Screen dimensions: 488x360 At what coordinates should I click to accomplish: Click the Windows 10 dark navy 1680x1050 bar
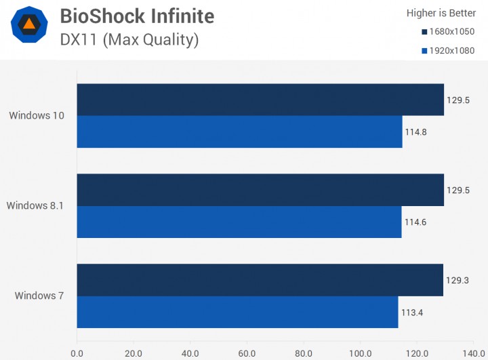pyautogui.click(x=260, y=100)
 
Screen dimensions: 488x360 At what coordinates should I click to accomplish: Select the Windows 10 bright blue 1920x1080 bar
pyautogui.click(x=240, y=132)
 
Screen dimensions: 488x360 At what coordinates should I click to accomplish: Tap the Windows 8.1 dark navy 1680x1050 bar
pyautogui.click(x=260, y=190)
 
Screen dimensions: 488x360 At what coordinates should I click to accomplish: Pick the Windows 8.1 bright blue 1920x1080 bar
pyautogui.click(x=239, y=222)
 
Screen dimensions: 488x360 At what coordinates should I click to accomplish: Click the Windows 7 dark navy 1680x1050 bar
pyautogui.click(x=260, y=280)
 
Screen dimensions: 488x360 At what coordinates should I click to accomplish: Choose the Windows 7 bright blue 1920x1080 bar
pyautogui.click(x=238, y=312)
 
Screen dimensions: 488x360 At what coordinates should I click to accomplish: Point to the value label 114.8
pyautogui.click(x=415, y=132)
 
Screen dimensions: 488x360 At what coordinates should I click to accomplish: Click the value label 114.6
pyautogui.click(x=415, y=222)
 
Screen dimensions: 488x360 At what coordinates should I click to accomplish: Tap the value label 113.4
pyautogui.click(x=412, y=313)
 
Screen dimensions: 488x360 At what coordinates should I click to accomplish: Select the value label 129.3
pyautogui.click(x=457, y=280)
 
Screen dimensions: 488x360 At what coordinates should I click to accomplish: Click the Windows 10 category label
pyautogui.click(x=37, y=115)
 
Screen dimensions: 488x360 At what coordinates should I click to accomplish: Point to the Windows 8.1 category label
pyautogui.click(x=35, y=205)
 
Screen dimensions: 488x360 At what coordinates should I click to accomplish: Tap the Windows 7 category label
pyautogui.click(x=39, y=296)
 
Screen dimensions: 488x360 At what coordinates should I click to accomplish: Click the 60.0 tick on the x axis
pyautogui.click(x=247, y=354)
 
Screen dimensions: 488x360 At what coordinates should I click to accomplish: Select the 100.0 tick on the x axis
pyautogui.click(x=360, y=354)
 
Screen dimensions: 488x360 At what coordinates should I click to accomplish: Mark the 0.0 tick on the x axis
pyautogui.click(x=77, y=354)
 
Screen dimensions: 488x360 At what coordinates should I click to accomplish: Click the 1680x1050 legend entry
pyautogui.click(x=448, y=32)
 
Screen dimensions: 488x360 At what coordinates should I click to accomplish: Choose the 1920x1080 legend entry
pyautogui.click(x=448, y=51)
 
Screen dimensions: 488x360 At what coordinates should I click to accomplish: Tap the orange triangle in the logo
pyautogui.click(x=29, y=24)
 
